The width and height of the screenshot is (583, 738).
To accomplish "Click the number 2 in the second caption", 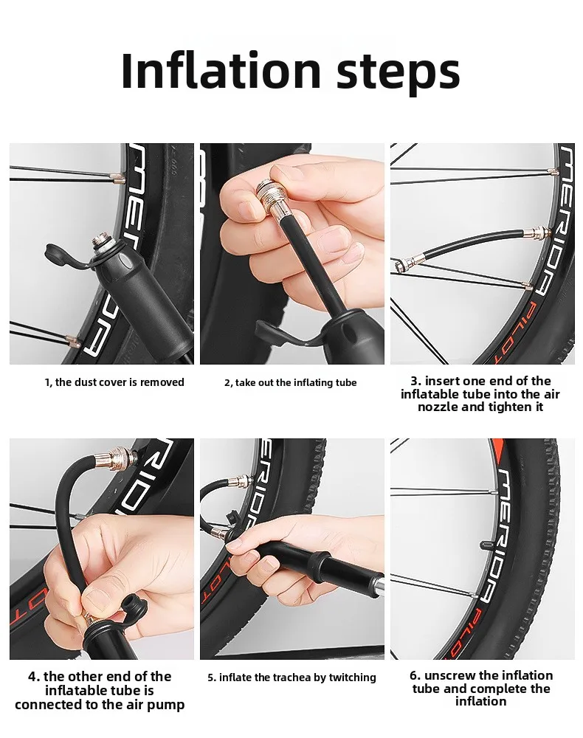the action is (227, 382).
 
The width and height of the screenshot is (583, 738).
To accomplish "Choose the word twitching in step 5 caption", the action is (353, 677).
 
